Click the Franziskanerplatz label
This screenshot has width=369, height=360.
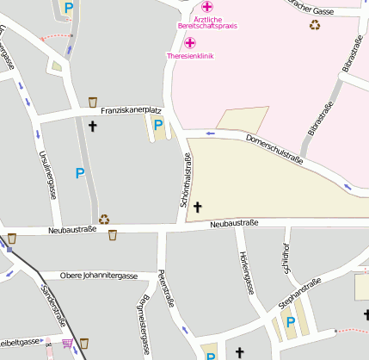[x=131, y=110]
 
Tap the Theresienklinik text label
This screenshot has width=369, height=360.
[x=190, y=56]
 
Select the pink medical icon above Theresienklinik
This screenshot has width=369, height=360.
[x=189, y=42]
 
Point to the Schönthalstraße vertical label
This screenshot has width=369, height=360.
[x=184, y=179]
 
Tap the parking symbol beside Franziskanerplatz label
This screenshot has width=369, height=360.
[x=158, y=125]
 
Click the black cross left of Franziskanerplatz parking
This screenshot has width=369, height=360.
[x=93, y=126]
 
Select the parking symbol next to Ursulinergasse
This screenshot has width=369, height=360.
[x=80, y=173]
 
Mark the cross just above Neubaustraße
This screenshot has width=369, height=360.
[x=198, y=207]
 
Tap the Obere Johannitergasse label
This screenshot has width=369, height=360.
[x=99, y=276]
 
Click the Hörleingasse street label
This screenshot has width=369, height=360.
[x=246, y=273]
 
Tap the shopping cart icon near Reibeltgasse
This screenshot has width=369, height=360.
[x=67, y=343]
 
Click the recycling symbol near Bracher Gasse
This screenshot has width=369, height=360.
[x=314, y=24]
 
